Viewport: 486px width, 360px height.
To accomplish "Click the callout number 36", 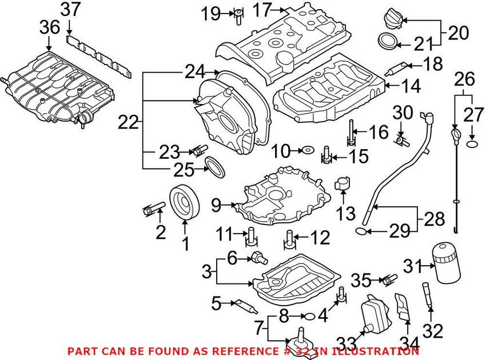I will click(x=49, y=27).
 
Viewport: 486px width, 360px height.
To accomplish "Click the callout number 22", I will click(x=128, y=121).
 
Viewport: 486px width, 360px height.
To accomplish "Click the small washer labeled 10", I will click(x=308, y=150).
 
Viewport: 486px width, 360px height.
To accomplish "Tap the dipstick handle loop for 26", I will click(x=455, y=135).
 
